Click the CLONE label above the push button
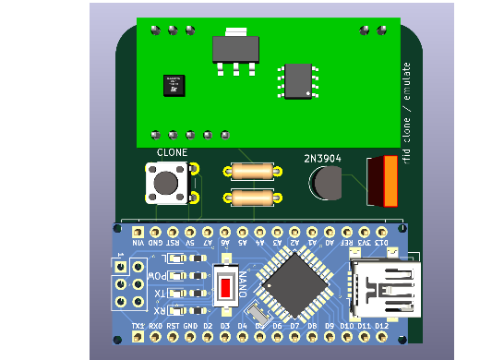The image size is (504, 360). (172, 152)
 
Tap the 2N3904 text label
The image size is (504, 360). (322, 159)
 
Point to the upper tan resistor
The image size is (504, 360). (252, 171)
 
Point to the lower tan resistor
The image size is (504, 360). (252, 198)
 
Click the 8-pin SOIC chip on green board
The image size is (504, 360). (298, 80)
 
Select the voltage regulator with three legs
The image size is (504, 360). (235, 51)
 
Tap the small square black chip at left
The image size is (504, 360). (174, 85)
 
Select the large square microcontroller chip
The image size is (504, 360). (294, 283)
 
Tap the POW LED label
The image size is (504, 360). (161, 276)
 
